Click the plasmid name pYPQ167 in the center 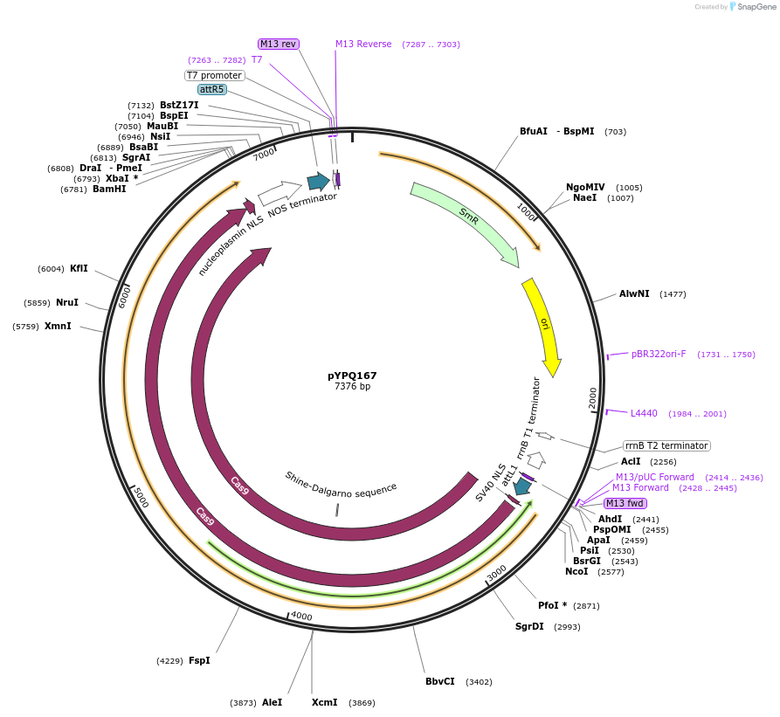pos(352,376)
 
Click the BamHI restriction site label pos(109,189)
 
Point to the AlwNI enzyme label pos(634,294)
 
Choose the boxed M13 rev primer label pos(279,44)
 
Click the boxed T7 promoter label pos(214,75)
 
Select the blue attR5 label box pos(211,89)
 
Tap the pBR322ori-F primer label pos(659,354)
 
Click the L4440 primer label pos(644,413)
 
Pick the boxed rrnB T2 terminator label pos(666,445)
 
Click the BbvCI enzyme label pos(440,681)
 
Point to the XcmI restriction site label pos(324,702)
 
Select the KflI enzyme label pos(79,268)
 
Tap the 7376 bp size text pos(352,386)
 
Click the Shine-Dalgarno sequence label pos(341,483)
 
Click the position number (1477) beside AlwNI pos(673,294)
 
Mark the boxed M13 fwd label pos(625,503)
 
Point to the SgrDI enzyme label pos(529,626)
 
